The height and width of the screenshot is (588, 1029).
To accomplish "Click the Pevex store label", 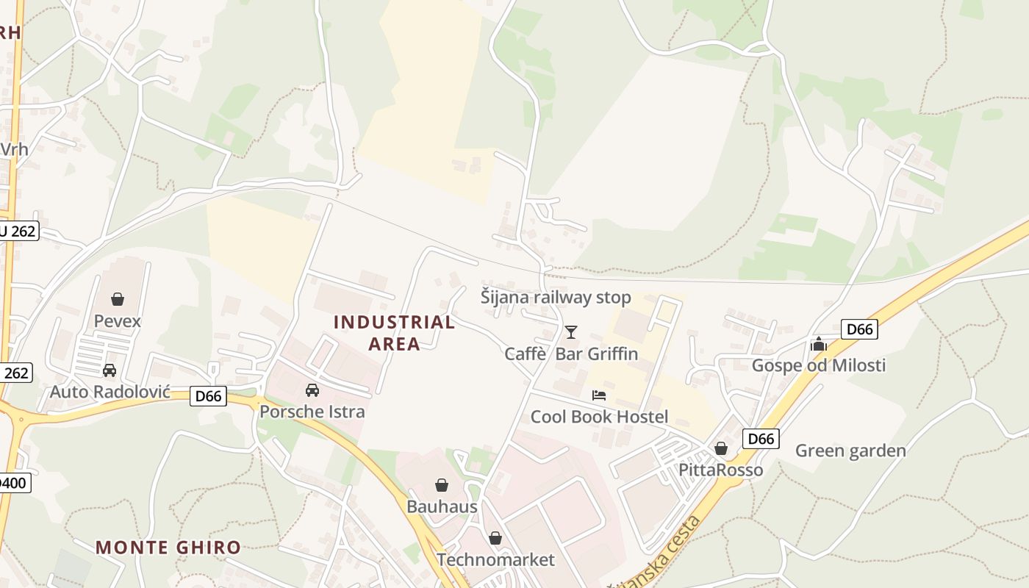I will (118, 321).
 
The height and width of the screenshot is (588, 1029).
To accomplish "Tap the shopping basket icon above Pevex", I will (118, 299).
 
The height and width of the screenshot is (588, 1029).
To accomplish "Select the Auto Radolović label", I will (110, 392).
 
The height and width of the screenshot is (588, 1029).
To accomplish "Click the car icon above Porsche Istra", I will (312, 390).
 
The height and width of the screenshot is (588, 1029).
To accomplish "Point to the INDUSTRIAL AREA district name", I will (394, 332).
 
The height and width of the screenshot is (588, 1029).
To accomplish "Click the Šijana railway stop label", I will (556, 298).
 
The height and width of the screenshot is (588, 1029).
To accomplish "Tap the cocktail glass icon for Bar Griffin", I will (571, 332).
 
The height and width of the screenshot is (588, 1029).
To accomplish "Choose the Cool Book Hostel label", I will (599, 417).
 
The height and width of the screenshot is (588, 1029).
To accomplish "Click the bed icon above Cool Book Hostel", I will (599, 395).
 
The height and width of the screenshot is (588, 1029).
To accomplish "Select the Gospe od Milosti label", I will (818, 365).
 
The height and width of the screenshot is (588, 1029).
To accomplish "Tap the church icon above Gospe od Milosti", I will (819, 344).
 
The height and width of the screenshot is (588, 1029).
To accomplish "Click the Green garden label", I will (850, 451).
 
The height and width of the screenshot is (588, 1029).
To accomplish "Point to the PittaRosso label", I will (720, 470).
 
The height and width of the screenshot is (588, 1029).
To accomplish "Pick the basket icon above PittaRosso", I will (721, 448).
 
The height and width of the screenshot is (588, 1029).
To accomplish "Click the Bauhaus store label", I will (442, 506).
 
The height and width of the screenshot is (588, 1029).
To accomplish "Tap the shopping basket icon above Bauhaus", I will (442, 485).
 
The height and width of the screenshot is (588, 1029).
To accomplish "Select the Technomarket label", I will (495, 560).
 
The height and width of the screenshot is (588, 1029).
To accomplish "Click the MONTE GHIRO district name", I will (168, 548).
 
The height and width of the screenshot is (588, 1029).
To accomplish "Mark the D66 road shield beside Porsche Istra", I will (208, 396).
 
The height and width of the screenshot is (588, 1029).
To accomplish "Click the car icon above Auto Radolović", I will (110, 370).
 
